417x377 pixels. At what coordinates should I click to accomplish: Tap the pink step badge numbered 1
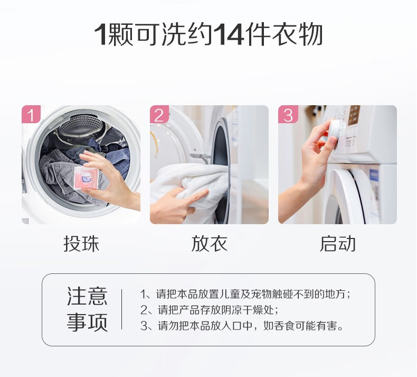[31, 114]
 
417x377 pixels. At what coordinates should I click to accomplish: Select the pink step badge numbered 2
[159, 114]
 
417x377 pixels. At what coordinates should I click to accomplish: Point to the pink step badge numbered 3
[288, 114]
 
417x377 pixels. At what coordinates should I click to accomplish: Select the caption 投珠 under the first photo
[81, 244]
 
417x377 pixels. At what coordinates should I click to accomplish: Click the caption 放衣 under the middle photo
[210, 244]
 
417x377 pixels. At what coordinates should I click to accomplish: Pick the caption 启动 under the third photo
[337, 244]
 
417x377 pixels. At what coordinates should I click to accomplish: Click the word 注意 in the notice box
[87, 296]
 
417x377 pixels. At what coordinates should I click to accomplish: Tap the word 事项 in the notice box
[87, 322]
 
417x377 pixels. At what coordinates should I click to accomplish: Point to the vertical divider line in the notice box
[122, 309]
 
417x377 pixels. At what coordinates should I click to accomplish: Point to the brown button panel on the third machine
[354, 115]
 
